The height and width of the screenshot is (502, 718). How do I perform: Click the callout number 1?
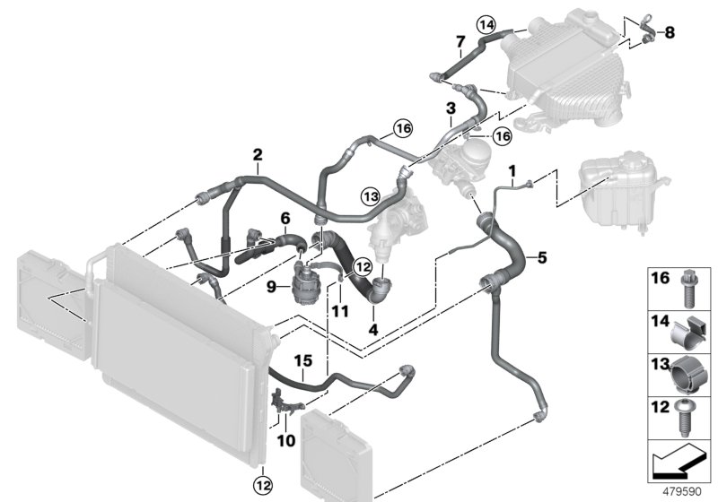pos(512,170)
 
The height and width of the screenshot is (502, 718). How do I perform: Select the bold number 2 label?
pos(258,155)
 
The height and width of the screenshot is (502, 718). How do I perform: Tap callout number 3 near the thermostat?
pos(449,108)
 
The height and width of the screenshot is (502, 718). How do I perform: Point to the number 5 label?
pos(541,258)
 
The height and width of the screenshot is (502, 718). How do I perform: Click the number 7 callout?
pos(460,41)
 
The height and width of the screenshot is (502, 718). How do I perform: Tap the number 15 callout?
pos(304,361)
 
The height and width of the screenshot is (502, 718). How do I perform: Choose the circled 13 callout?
pos(370,195)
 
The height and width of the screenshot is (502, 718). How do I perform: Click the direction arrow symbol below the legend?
pos(678,463)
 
